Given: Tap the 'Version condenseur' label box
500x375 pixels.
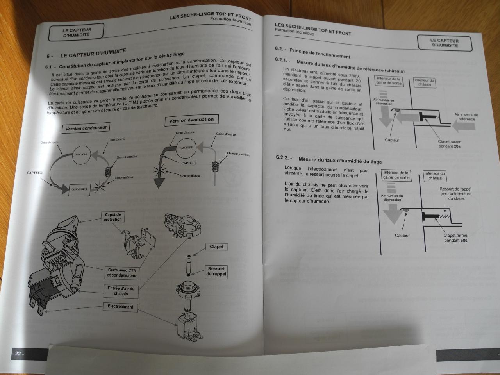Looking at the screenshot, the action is (86, 128).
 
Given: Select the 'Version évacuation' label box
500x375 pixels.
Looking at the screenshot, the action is (191, 120).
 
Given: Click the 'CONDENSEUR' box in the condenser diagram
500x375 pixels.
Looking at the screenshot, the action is (80, 190).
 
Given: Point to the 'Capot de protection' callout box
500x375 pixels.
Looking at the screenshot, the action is (112, 217).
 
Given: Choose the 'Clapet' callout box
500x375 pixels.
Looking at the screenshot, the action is (217, 246).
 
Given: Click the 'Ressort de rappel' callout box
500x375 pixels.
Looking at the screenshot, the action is (216, 271).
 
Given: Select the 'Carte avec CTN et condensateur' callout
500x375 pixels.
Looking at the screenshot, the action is (121, 272).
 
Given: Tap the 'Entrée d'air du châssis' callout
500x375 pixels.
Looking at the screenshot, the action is (121, 291).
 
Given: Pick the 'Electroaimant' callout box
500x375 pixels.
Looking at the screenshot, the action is (120, 307).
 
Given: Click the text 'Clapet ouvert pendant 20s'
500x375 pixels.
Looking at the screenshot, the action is (450, 145).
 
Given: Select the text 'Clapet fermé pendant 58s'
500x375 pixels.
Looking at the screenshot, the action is (455, 238).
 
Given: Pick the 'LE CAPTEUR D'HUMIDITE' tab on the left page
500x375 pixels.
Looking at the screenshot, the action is (76, 32).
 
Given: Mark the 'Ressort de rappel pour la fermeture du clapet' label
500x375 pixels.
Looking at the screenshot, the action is (455, 194).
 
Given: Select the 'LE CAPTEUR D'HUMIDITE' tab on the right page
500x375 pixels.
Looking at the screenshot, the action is (444, 43).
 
